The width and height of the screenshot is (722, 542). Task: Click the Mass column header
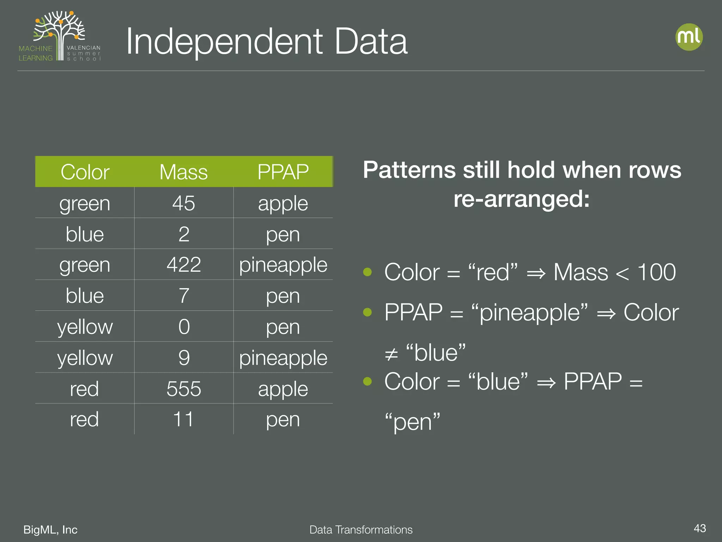click(183, 172)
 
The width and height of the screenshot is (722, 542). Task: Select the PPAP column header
click(283, 172)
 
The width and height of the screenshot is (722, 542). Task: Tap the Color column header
click(85, 172)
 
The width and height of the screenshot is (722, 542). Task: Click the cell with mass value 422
click(184, 265)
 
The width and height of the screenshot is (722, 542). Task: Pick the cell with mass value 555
click(184, 389)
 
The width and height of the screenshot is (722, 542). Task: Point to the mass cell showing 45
click(184, 203)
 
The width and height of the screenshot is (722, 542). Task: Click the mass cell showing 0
click(184, 327)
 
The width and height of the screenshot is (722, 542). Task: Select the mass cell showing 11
click(184, 419)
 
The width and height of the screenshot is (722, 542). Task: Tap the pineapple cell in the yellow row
click(283, 358)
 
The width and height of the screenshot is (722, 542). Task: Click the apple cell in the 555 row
click(283, 389)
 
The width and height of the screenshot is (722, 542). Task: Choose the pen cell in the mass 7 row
click(283, 296)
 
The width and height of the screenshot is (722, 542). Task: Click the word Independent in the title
click(224, 42)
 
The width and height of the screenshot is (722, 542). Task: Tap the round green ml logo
click(689, 37)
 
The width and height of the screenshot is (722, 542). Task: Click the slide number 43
click(699, 528)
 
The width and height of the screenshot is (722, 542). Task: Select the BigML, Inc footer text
click(50, 530)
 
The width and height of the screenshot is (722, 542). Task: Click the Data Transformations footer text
click(361, 530)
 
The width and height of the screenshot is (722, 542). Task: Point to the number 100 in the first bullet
click(656, 272)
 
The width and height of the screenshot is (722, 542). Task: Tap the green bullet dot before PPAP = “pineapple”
click(367, 312)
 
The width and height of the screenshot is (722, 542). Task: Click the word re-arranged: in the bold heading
click(521, 199)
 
